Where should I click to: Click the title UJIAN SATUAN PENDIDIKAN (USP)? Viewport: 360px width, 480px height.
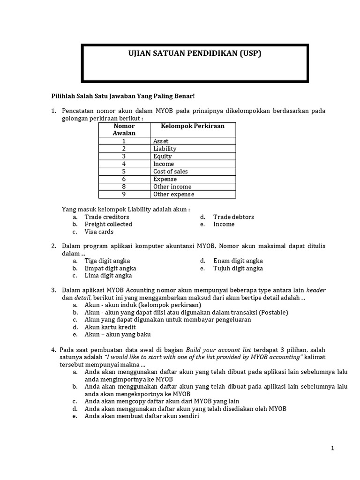coord(195,53)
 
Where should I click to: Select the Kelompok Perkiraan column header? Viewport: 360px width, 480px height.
coord(193,126)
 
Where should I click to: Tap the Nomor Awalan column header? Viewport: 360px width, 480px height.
coord(124,129)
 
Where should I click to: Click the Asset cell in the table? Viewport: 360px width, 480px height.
coord(161,141)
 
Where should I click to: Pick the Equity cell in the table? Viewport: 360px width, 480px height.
coord(162,157)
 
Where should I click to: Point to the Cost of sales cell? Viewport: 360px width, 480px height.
coord(170,172)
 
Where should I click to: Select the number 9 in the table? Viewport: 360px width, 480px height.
coord(124,194)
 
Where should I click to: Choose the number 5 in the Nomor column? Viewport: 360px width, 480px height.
coord(124,172)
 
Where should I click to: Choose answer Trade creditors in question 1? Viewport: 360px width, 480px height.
coord(106,217)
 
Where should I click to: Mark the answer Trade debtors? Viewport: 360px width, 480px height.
coord(233,217)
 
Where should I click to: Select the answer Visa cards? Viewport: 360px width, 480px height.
coord(99,232)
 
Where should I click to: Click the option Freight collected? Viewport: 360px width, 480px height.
coord(108,224)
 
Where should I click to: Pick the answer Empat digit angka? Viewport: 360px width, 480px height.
coord(110,268)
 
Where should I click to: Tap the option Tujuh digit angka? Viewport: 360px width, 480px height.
coord(238,268)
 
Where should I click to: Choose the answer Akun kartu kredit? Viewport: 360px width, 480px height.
coord(110,327)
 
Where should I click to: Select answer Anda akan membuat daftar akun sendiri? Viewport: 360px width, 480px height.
coord(142,416)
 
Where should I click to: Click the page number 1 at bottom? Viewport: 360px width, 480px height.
coord(332,449)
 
